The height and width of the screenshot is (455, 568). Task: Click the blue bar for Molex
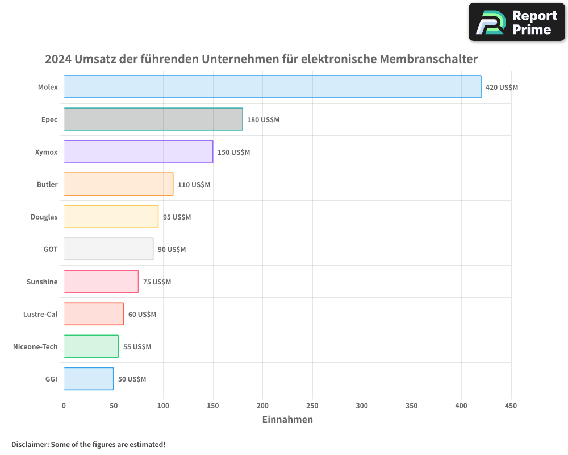coord(272,87)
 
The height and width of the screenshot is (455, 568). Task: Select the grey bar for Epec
coord(153,119)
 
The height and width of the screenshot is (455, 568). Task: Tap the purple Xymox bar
coord(138,152)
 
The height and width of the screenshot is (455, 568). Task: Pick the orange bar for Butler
coord(118,184)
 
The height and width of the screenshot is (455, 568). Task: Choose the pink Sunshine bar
coord(101,282)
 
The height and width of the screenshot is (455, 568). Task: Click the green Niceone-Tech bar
coord(91,346)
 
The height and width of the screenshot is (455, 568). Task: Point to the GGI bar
coord(89,379)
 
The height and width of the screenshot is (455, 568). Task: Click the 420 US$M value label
coord(502,88)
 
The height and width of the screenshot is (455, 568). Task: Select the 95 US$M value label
coord(177,217)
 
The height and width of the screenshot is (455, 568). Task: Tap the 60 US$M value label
coord(142,315)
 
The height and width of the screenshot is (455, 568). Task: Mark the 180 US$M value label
coord(263,120)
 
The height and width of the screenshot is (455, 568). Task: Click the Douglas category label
coord(44,217)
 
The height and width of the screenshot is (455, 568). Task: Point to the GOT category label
coord(51,249)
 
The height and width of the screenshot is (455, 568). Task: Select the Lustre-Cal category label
coord(40,314)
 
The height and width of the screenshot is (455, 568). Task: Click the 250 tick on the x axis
coord(312,406)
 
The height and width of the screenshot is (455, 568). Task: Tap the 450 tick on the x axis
coord(511,406)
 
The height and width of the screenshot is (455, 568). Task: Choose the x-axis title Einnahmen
coord(287,420)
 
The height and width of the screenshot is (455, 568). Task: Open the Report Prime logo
coord(516,22)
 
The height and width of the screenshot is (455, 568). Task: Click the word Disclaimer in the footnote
coord(30,444)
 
